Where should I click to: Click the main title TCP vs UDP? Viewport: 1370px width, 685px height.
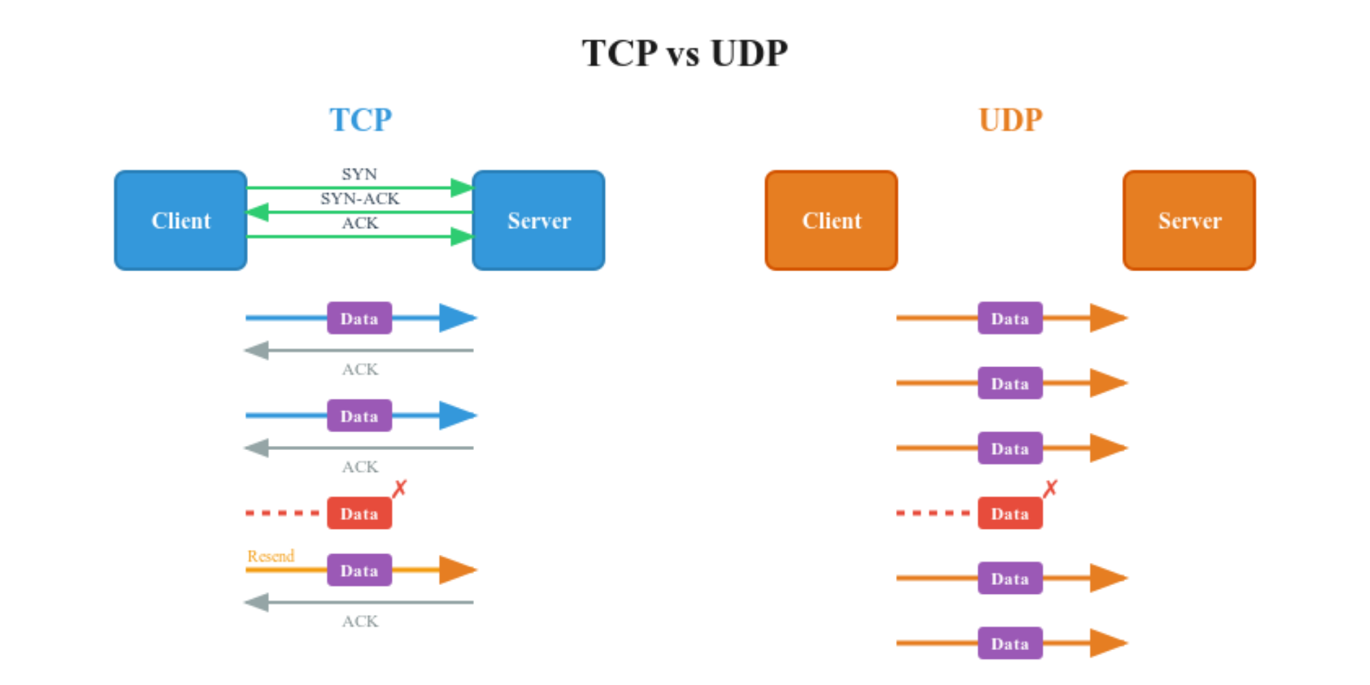684,53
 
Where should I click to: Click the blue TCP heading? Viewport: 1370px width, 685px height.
360,120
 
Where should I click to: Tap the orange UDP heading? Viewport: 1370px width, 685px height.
1010,120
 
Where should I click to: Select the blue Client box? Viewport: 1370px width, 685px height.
181,221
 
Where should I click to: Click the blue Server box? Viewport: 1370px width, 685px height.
538,221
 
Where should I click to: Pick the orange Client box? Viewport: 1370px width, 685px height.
831,221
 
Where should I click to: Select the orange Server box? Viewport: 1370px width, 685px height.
1189,221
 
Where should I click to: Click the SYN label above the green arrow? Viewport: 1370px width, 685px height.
360,174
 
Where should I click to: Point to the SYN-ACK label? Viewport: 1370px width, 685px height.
360,199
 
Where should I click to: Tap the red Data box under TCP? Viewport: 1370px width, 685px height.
359,513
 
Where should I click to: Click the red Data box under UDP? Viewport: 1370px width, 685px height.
1010,513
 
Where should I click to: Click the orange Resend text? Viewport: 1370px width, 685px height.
271,556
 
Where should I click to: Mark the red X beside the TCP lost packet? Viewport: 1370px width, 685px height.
399,488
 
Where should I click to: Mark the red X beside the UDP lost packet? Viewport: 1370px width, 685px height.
1050,488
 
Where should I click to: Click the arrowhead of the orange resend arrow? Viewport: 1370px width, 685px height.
458,570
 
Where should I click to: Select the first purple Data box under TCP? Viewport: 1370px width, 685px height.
359,318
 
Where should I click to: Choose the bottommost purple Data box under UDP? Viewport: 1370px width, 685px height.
1010,643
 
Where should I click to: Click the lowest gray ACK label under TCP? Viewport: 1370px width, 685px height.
360,621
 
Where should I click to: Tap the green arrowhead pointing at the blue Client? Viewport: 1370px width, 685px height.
258,212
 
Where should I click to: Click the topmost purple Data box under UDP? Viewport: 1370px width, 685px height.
1010,318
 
